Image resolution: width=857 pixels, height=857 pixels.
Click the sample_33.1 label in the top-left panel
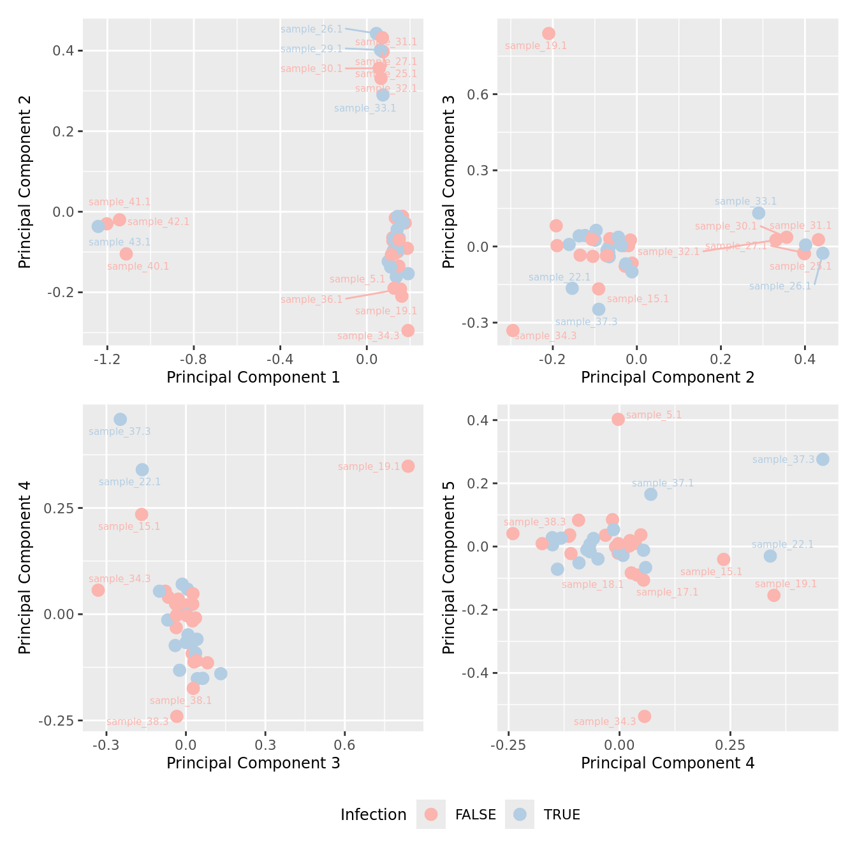point(365,108)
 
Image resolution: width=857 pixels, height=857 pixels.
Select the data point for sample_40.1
point(126,254)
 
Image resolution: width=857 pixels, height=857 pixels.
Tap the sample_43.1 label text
point(119,242)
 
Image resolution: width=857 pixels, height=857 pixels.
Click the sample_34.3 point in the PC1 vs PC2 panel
point(408,330)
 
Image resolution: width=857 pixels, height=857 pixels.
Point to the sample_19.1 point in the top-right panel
point(548,34)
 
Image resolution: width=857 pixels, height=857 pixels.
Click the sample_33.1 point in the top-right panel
point(758,213)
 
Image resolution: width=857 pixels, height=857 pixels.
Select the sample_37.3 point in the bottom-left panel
point(120,420)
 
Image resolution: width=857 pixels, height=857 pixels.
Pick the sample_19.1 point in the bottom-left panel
point(408,466)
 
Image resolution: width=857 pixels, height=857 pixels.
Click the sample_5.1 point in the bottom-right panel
point(618,419)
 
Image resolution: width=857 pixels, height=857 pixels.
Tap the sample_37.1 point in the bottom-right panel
point(650,494)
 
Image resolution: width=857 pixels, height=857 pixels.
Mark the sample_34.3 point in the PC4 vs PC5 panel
point(644,716)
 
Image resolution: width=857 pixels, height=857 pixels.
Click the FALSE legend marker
point(431,814)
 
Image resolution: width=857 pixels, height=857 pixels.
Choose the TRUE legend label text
point(562,815)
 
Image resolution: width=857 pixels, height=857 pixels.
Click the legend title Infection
point(373,815)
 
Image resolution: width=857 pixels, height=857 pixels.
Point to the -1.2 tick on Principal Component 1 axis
point(107,359)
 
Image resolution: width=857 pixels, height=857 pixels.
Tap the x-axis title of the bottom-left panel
point(253,763)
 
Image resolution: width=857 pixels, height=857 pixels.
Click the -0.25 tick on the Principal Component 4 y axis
point(61,721)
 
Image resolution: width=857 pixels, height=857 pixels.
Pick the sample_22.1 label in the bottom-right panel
point(782,545)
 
